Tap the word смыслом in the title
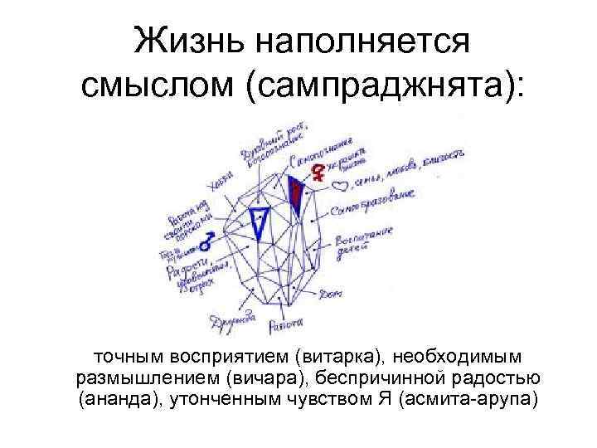[157, 86]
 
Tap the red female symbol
[317, 173]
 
